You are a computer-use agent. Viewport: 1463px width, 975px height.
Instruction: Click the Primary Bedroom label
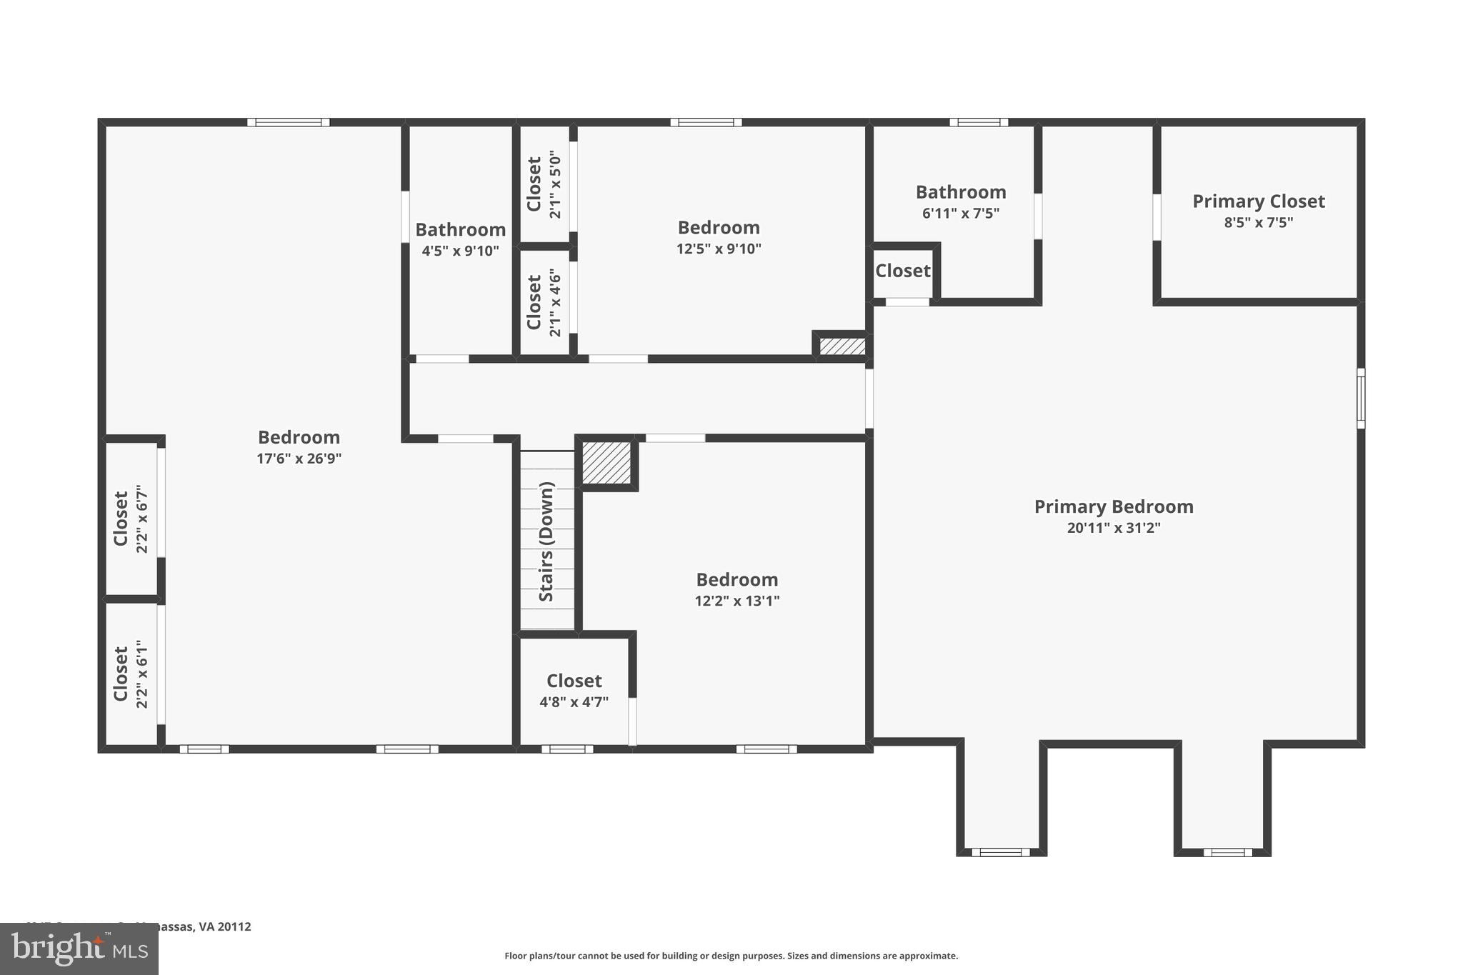[x=1113, y=506]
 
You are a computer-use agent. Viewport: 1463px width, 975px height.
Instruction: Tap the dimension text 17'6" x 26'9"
[x=299, y=459]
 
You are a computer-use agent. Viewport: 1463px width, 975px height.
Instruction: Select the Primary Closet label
[x=1258, y=201]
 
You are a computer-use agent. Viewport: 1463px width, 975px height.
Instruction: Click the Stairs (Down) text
[x=546, y=541]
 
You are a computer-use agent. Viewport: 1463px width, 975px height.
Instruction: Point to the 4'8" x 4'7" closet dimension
[x=574, y=702]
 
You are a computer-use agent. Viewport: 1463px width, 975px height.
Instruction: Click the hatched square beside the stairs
[x=606, y=463]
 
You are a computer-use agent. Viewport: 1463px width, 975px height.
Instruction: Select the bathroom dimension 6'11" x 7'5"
[x=960, y=213]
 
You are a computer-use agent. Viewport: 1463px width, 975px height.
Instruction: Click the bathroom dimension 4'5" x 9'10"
[x=460, y=251]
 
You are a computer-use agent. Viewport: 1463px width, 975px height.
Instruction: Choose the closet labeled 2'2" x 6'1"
[x=131, y=674]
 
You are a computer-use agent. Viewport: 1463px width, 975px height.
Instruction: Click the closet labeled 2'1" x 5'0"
[x=544, y=184]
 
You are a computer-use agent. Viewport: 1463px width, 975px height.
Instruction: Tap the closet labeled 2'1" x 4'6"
[x=544, y=302]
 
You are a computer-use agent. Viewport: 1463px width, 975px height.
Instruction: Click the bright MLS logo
[x=79, y=949]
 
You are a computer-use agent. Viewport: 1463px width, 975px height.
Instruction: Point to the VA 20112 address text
[x=214, y=926]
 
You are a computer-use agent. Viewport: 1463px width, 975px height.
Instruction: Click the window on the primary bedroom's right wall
[x=1360, y=398]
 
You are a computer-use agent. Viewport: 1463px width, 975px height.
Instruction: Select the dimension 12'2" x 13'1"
[x=737, y=601]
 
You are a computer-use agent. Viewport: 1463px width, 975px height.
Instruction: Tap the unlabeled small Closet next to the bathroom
[x=902, y=271]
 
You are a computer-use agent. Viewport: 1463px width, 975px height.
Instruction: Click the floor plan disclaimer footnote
[x=731, y=956]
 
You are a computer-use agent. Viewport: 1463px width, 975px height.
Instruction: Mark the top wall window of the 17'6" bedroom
[x=288, y=122]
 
